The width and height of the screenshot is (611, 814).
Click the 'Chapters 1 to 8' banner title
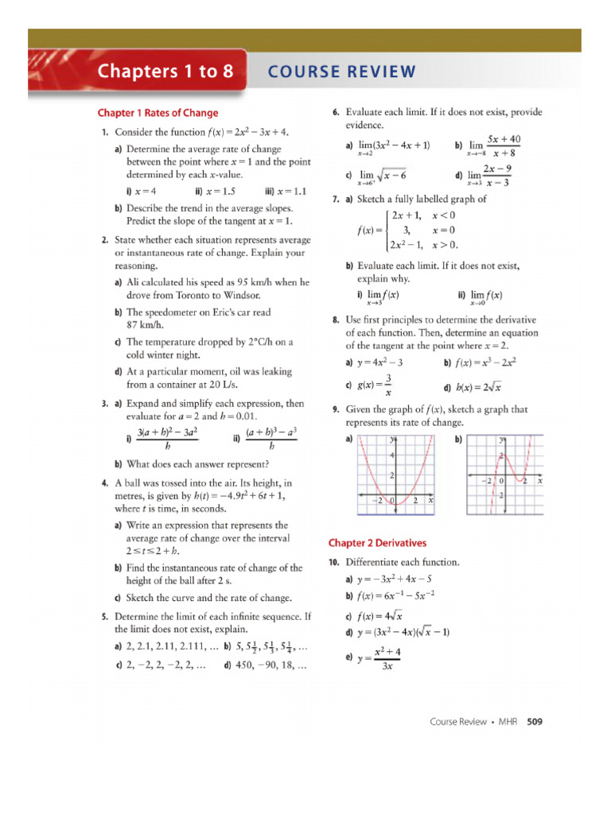click(165, 72)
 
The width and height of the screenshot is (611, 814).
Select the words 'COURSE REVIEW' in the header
click(341, 72)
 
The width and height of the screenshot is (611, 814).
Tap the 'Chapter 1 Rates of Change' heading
click(158, 113)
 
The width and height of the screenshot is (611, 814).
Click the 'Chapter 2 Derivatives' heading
click(377, 543)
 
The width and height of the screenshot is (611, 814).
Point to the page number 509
click(535, 722)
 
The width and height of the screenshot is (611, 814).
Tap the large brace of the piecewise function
click(386, 231)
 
